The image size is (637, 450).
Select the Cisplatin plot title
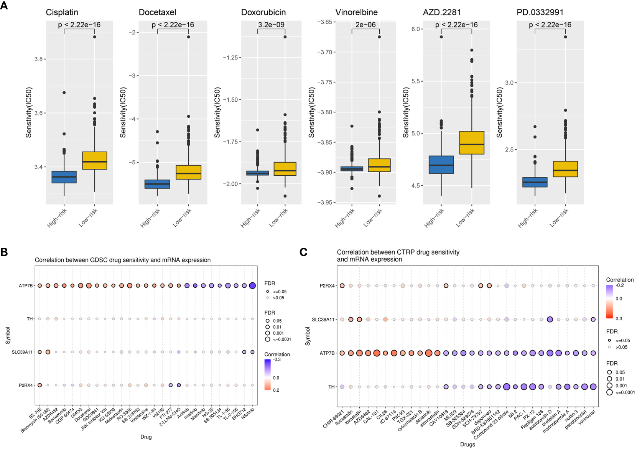62,12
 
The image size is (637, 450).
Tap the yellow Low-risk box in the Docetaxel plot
188,172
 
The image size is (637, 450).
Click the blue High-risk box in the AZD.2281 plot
441,165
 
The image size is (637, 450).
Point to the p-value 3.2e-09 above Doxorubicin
271,25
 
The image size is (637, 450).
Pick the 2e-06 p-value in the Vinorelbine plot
365,25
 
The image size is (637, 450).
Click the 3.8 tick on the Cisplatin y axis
38,59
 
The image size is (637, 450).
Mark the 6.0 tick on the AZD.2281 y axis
416,29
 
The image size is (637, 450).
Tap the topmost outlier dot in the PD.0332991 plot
565,37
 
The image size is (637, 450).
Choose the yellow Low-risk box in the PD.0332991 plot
565,169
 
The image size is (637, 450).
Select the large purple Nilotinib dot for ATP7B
252,285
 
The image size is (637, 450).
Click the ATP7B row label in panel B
26,286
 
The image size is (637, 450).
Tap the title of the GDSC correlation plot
122,260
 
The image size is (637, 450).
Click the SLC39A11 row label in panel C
323,320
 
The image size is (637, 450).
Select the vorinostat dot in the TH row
593,387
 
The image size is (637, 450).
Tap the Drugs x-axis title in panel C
467,444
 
